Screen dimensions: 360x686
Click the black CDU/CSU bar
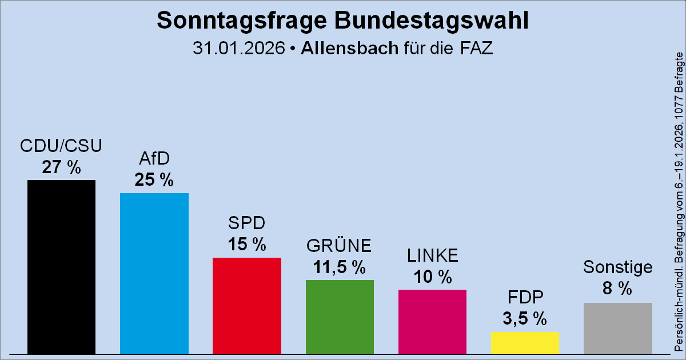(61, 267)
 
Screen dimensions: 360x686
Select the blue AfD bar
(154, 273)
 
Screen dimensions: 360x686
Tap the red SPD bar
(246, 306)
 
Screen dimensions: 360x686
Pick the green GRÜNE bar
(340, 317)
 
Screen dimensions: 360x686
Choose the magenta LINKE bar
(432, 322)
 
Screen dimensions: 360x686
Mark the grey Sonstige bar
(617, 328)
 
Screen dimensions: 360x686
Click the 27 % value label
(61, 167)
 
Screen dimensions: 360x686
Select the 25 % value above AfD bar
(154, 181)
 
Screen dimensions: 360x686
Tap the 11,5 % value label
(340, 267)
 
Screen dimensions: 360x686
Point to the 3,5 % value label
(525, 319)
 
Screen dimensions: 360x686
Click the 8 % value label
(617, 289)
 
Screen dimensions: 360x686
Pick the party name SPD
(246, 223)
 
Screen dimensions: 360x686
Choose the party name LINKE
(432, 257)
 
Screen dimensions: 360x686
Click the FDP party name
(525, 298)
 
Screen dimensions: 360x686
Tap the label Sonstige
(617, 267)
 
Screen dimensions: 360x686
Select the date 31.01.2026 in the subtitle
(238, 49)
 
